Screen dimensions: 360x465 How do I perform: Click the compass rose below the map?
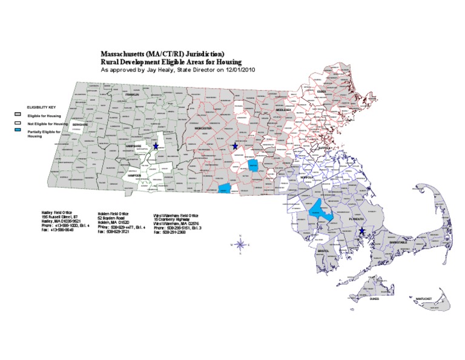pyautogui.click(x=240, y=244)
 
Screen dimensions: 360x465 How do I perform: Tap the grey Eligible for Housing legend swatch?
pyautogui.click(x=18, y=114)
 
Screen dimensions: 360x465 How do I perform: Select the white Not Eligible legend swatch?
pyautogui.click(x=18, y=123)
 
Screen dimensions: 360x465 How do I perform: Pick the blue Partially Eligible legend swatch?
pyautogui.click(x=18, y=131)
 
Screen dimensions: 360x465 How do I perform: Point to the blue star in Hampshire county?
pyautogui.click(x=156, y=147)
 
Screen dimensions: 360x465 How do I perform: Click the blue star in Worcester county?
pyautogui.click(x=235, y=146)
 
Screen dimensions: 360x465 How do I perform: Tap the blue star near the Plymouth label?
pyautogui.click(x=362, y=231)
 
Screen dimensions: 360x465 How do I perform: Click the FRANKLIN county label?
pyautogui.click(x=132, y=95)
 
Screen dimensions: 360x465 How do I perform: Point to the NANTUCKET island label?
pyautogui.click(x=423, y=299)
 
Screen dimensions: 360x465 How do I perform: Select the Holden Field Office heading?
pyautogui.click(x=113, y=213)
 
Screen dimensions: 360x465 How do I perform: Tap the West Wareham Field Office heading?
pyautogui.click(x=176, y=215)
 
